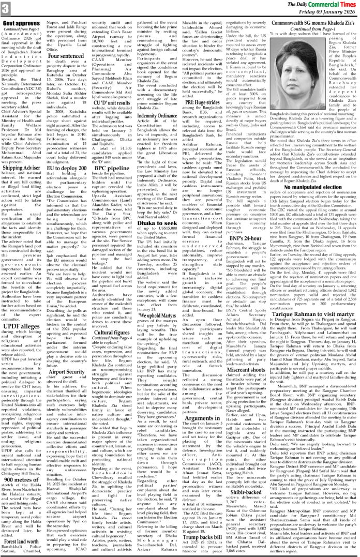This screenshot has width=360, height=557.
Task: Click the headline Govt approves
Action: click(x=22, y=23)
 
